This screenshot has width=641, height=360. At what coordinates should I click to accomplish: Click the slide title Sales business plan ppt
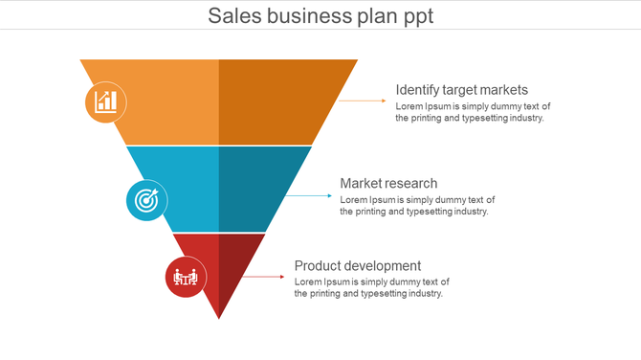click(320, 15)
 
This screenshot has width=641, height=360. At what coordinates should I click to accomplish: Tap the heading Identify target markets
click(461, 90)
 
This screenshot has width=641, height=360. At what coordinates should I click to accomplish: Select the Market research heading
click(388, 183)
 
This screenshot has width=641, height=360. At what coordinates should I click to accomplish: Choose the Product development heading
click(357, 265)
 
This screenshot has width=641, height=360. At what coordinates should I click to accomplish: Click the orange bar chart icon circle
click(106, 101)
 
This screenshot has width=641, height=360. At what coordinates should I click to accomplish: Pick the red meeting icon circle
click(185, 278)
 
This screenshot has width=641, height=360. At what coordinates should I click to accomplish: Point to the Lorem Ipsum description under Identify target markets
click(473, 112)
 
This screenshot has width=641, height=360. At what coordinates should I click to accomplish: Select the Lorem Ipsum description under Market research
click(417, 205)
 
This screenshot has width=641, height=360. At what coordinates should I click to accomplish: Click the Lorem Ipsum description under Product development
click(371, 287)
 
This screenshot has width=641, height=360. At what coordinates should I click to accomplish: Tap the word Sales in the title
click(234, 15)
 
